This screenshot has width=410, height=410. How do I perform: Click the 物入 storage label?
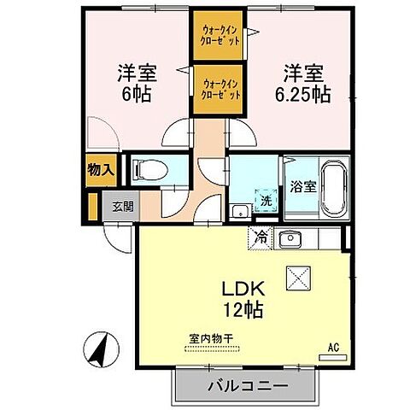point(100,169)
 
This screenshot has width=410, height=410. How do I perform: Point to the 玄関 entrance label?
point(116,206)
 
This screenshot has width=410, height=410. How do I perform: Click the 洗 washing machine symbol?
point(266,200)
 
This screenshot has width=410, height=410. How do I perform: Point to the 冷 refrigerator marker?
point(261,238)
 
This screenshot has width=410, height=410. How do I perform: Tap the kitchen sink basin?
point(290,238)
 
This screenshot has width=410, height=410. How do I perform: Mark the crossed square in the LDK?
point(301,278)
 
